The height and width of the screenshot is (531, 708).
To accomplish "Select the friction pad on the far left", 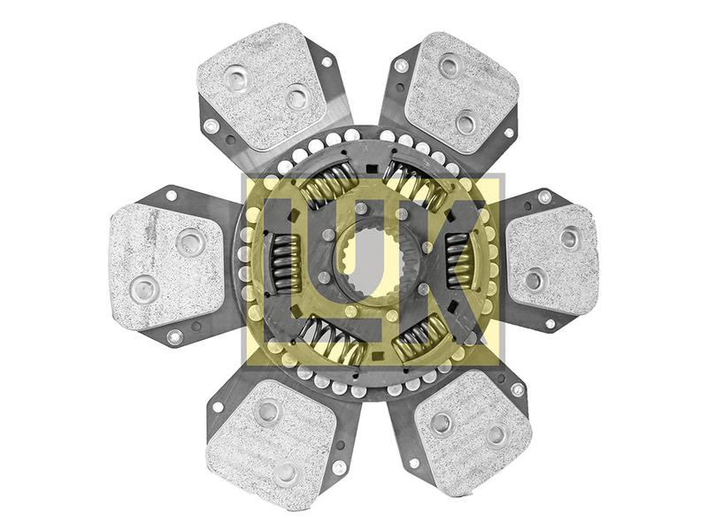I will click(165, 265).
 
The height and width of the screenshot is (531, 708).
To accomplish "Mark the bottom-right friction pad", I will click(473, 425).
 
